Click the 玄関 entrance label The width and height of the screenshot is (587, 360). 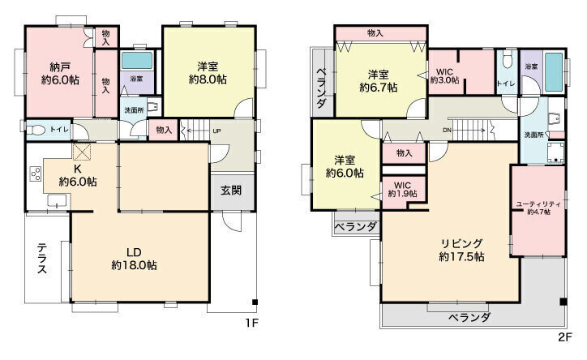click(x=230, y=191)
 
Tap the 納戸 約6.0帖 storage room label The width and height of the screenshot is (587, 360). click(x=60, y=74)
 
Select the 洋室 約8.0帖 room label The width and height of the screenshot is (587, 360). click(x=208, y=73)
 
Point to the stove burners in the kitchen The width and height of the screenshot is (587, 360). click(x=36, y=174)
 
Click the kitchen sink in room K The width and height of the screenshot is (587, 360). click(x=57, y=200)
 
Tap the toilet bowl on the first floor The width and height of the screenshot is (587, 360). click(x=36, y=131)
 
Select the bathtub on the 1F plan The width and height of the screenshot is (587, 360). click(x=137, y=61)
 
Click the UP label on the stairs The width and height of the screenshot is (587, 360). click(x=216, y=131)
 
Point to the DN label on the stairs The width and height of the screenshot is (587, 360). click(x=447, y=131)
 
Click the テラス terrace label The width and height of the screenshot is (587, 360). click(x=42, y=259)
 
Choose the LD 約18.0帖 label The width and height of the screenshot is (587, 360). click(x=134, y=259)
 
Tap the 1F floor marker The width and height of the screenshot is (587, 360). click(x=251, y=323)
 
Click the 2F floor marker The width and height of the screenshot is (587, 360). click(x=565, y=336)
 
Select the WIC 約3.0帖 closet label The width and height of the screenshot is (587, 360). click(x=444, y=75)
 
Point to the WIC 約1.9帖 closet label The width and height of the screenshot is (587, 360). click(x=402, y=190)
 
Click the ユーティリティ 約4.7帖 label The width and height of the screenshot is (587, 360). click(x=538, y=208)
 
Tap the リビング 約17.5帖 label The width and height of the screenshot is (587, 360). click(x=462, y=250)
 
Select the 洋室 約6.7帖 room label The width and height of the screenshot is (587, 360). click(x=379, y=81)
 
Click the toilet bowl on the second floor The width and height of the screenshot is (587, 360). click(x=508, y=60)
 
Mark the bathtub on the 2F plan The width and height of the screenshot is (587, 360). click(x=554, y=72)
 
